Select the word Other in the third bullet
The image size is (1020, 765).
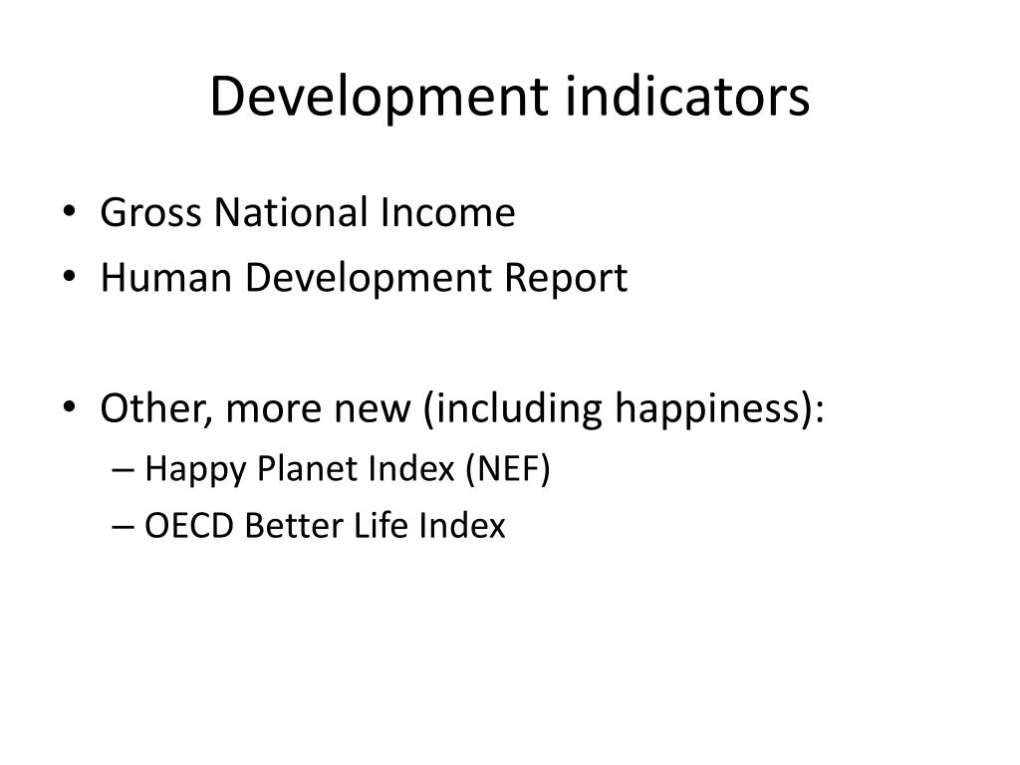(143, 408)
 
